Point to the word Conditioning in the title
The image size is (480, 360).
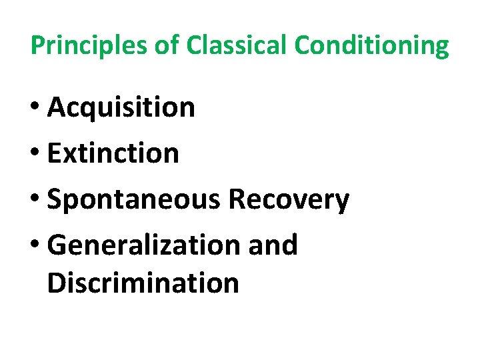tap(372, 47)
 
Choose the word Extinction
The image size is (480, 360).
tap(113, 154)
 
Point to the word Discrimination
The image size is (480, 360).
tap(143, 283)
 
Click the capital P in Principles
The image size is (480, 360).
tap(37, 45)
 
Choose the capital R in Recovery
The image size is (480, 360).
tap(237, 200)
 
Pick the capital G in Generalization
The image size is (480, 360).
tap(58, 246)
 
